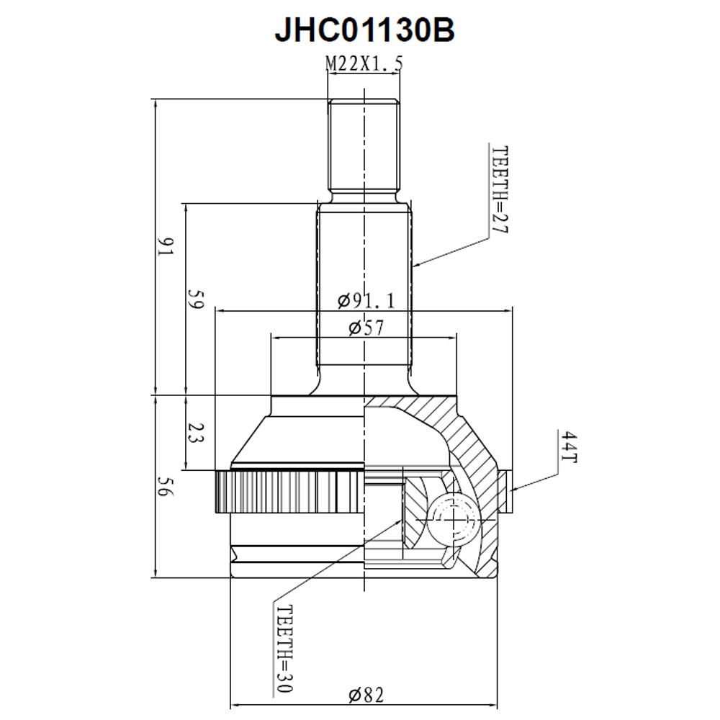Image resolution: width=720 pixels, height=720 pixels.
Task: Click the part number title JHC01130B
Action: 364,30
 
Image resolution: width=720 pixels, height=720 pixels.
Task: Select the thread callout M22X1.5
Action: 364,64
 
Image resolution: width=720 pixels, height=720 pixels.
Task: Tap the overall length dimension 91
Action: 165,247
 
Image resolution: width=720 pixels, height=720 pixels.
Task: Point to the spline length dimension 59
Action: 194,299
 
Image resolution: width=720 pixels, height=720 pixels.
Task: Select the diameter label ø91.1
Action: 366,301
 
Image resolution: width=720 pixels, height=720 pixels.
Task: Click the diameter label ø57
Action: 366,328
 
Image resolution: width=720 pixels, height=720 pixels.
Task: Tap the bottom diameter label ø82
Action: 366,695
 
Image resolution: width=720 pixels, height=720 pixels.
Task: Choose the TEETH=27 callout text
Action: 500,189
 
